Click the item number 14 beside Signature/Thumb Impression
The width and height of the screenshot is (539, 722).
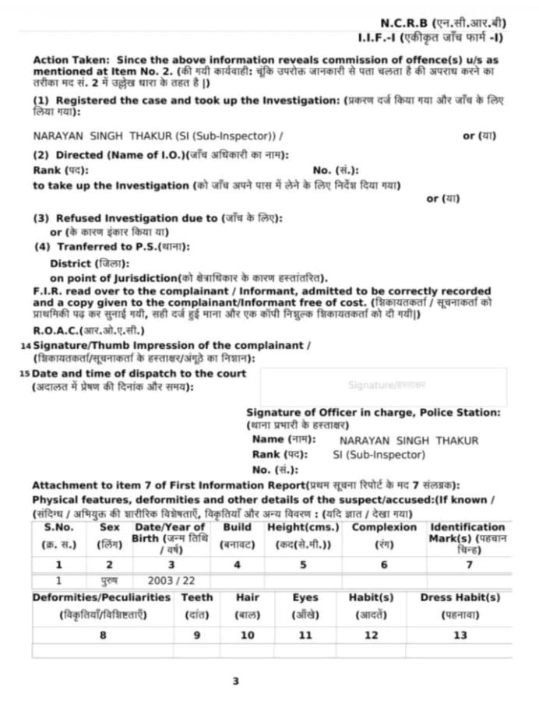coord(25,345)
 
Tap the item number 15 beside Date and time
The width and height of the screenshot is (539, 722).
coord(25,374)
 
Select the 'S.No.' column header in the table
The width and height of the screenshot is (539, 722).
coord(59,527)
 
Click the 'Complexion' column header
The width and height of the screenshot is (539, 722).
coord(384,527)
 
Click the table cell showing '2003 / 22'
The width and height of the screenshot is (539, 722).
coord(171,580)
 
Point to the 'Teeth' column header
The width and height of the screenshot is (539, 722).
coord(196,597)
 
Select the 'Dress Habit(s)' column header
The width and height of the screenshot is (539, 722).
coord(460,597)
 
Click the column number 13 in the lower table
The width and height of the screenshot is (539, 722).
coord(460,635)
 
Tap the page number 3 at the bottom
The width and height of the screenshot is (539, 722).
coord(236,681)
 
